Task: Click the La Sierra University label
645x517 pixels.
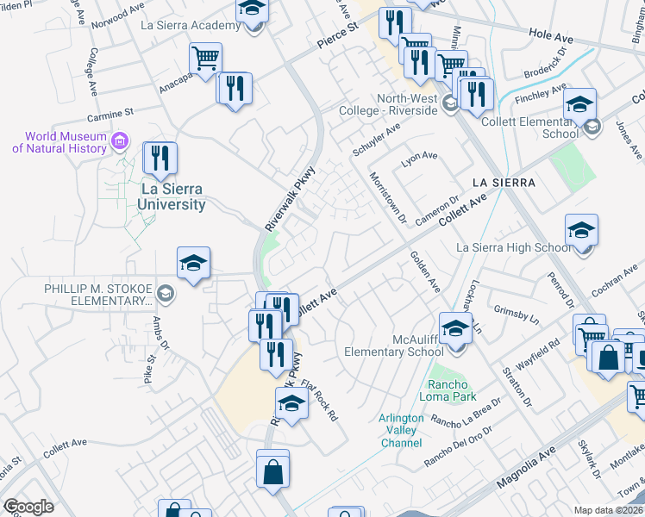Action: [173, 196]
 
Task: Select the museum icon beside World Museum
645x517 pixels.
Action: [120, 140]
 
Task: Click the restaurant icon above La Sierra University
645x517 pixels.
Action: [160, 159]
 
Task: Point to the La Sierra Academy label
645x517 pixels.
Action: [191, 25]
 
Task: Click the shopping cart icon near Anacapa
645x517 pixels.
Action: [206, 59]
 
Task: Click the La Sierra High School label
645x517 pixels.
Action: [513, 248]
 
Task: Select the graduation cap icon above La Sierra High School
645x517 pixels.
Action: [582, 230]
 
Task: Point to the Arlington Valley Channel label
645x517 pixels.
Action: [401, 430]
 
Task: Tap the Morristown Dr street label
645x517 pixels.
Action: [387, 195]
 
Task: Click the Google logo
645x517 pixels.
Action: [28, 507]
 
